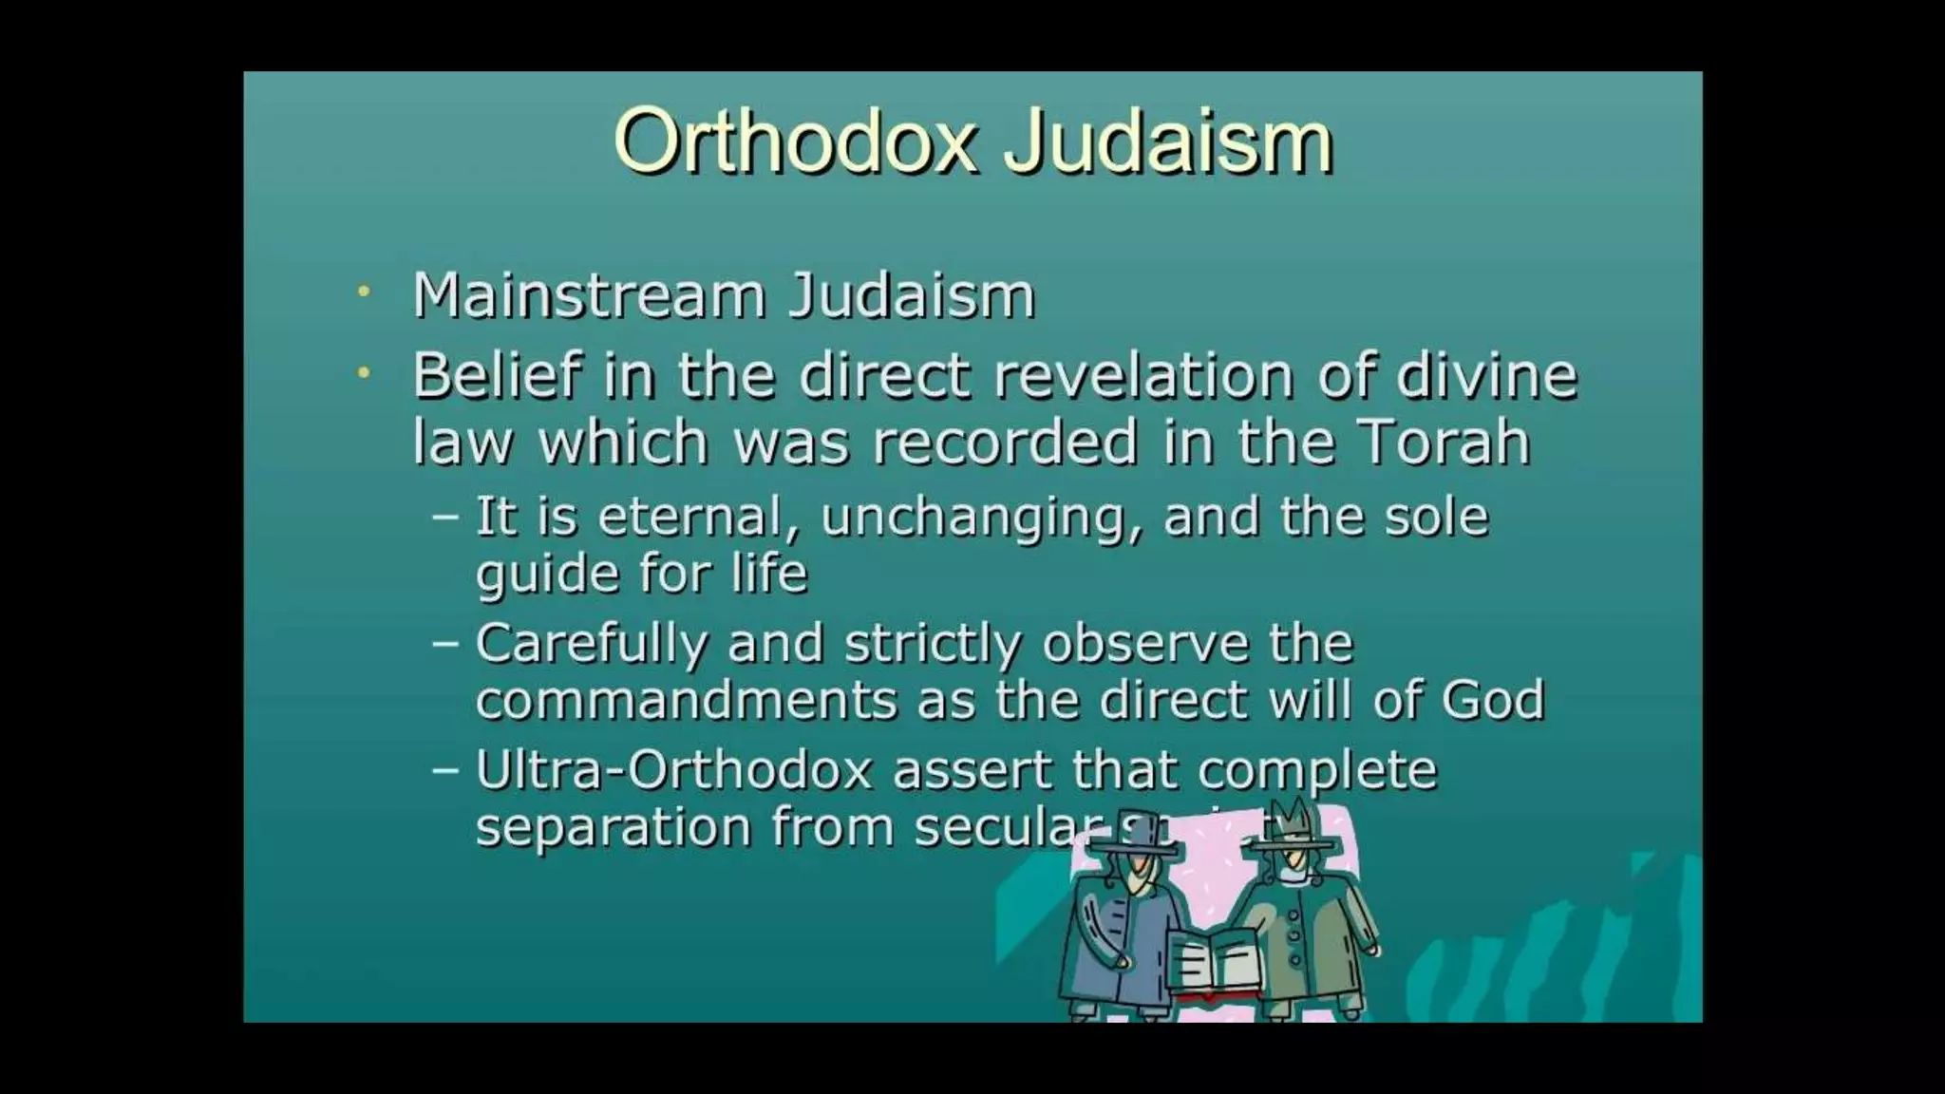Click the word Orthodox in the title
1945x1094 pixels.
(x=796, y=142)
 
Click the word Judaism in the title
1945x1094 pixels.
(x=1169, y=142)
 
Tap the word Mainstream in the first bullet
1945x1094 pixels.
(x=589, y=295)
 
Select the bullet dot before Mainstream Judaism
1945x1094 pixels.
(x=363, y=292)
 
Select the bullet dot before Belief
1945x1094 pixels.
(x=363, y=374)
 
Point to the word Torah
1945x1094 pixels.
(x=1444, y=443)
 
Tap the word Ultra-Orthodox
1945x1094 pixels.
(x=672, y=770)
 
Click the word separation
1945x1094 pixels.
(x=612, y=827)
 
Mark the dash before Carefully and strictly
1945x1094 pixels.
(x=444, y=643)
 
